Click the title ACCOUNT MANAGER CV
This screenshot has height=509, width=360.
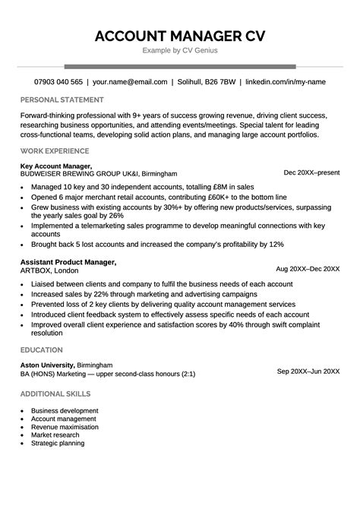180,36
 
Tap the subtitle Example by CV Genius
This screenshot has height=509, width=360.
180,51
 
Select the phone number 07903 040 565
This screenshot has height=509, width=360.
58,81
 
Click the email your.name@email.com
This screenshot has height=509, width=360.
129,81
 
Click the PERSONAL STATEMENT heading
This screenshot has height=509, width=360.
62,100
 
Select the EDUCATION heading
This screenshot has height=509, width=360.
42,349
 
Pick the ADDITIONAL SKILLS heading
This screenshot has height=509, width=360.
55,394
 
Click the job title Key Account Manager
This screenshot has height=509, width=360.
56,166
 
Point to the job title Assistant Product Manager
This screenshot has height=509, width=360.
68,262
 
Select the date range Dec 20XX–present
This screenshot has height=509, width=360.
311,172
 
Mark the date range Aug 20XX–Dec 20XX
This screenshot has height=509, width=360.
308,269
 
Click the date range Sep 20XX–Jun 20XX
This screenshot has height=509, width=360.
308,371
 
